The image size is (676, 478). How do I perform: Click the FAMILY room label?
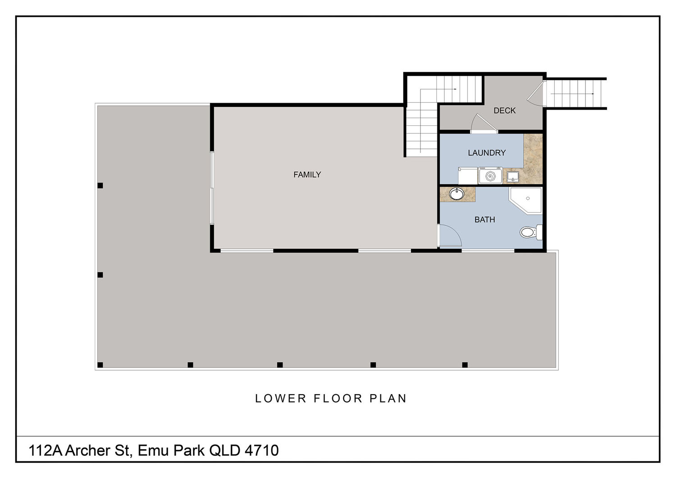307,175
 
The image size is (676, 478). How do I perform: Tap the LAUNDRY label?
486,153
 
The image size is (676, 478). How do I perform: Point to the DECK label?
504,110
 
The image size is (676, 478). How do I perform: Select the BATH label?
484,220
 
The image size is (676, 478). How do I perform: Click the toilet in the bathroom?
531,232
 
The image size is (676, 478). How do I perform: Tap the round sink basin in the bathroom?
457,194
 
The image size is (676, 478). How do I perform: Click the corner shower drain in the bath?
528,198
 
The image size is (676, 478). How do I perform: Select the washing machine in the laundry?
490,176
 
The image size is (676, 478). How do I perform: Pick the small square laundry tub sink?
513,177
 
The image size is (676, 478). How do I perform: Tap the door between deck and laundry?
484,124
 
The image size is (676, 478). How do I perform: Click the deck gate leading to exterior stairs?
536,94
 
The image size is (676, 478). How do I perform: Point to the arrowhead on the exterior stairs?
593,94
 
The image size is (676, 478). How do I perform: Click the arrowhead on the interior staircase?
455,89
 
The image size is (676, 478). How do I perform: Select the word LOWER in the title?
281,399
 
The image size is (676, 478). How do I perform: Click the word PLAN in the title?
388,399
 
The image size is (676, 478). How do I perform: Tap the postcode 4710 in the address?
262,450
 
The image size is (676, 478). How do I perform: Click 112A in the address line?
45,450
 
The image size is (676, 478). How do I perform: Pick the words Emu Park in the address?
171,450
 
